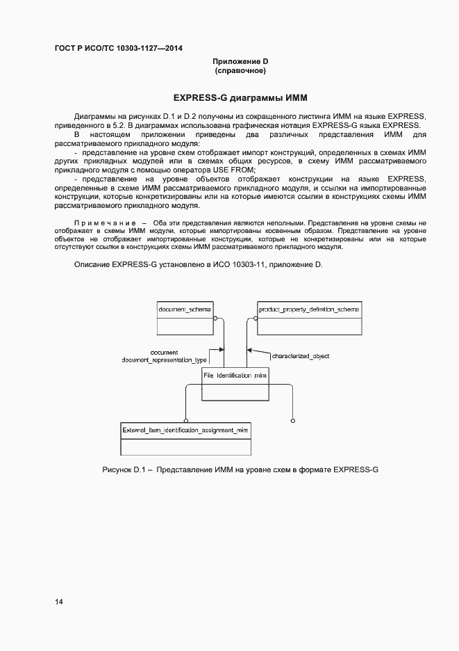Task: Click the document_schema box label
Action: coord(185,308)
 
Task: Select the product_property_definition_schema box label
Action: coord(309,308)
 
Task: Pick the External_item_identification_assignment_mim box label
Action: coord(185,431)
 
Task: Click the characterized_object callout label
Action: coord(300,356)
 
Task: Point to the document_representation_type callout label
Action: coord(165,360)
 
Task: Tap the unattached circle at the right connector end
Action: coord(292,420)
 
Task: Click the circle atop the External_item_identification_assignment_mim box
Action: coord(185,420)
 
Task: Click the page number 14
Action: coord(58,602)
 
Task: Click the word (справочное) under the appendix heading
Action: coord(240,71)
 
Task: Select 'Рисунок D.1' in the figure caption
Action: coord(124,471)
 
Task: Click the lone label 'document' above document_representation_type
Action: coord(164,353)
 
